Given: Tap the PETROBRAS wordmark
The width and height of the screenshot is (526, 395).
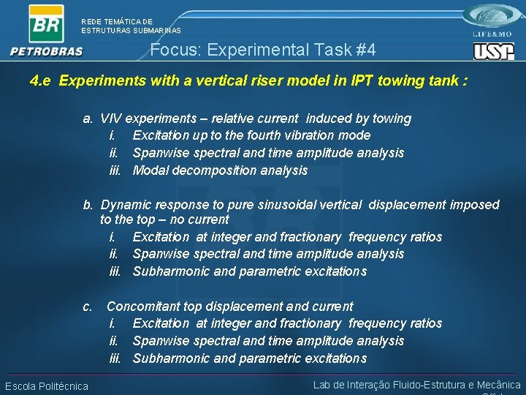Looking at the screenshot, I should click(x=46, y=51).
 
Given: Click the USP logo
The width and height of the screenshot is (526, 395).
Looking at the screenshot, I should click(x=494, y=51).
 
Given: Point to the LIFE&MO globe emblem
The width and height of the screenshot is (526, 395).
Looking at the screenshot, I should click(x=495, y=17).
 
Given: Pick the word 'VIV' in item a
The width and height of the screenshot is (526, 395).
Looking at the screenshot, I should click(x=112, y=118).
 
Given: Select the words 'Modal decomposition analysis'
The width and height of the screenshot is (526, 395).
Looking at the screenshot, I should click(x=220, y=170).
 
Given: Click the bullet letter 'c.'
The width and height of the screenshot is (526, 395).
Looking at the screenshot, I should click(x=88, y=306).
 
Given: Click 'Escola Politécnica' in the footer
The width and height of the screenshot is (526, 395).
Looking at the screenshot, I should click(x=47, y=386).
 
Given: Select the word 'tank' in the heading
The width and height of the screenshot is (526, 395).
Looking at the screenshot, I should click(x=438, y=80).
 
